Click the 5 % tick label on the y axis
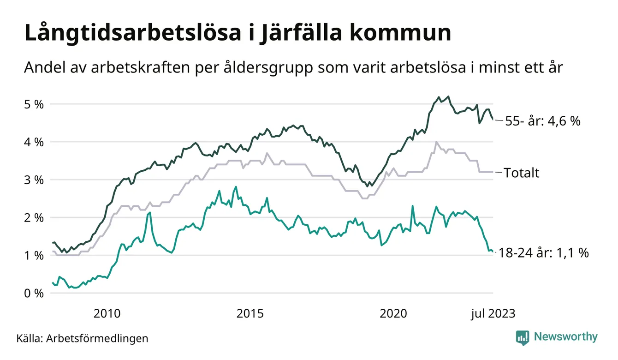[34, 104]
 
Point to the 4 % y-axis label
[34, 142]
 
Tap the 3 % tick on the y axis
[34, 180]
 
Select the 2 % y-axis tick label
[34, 217]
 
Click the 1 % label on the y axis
[34, 255]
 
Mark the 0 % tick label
[34, 293]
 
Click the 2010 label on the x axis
[107, 314]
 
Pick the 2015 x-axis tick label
[250, 314]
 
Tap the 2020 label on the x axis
[393, 314]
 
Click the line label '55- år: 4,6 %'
[543, 122]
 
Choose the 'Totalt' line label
[522, 173]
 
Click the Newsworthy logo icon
[522, 337]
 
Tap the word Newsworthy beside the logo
[565, 337]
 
